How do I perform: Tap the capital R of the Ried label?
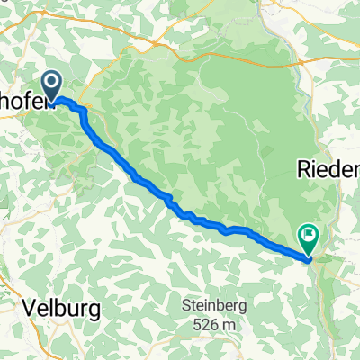301,168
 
